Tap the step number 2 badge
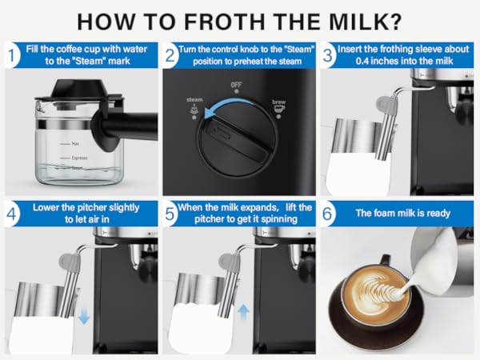[171, 57]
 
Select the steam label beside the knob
[194, 100]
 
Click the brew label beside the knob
[279, 102]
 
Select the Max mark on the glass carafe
[75, 143]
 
